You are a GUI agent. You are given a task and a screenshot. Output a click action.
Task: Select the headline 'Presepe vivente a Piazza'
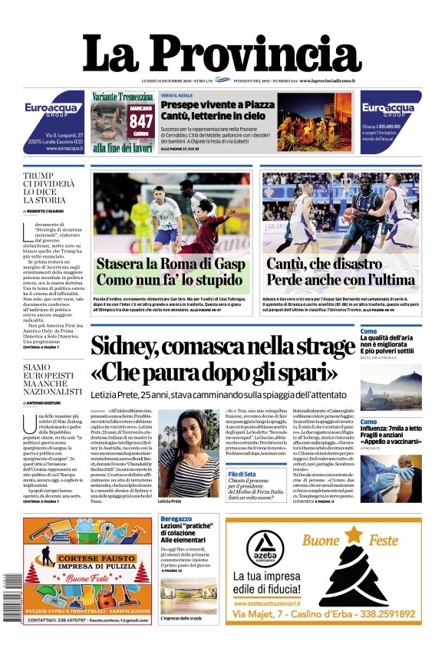click(217, 105)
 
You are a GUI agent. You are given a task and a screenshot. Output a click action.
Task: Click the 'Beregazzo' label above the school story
click(176, 519)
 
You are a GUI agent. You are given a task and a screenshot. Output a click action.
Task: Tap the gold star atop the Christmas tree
click(354, 531)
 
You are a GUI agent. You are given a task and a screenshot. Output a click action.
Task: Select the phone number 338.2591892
click(377, 614)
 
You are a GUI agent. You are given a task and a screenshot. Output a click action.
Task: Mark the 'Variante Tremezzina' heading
click(123, 97)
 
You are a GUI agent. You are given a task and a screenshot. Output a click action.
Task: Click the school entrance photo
click(189, 595)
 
